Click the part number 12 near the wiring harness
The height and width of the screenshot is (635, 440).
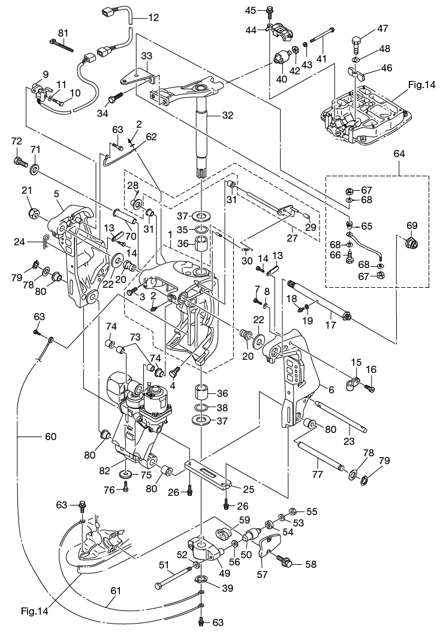coord(153,17)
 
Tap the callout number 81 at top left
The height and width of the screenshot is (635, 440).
coord(64,32)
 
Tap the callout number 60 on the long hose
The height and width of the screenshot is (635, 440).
coord(50,437)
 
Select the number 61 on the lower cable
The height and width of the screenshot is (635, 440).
coord(115,591)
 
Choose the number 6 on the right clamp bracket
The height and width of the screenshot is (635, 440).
coord(331,389)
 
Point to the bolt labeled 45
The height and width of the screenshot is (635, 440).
coord(269,10)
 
